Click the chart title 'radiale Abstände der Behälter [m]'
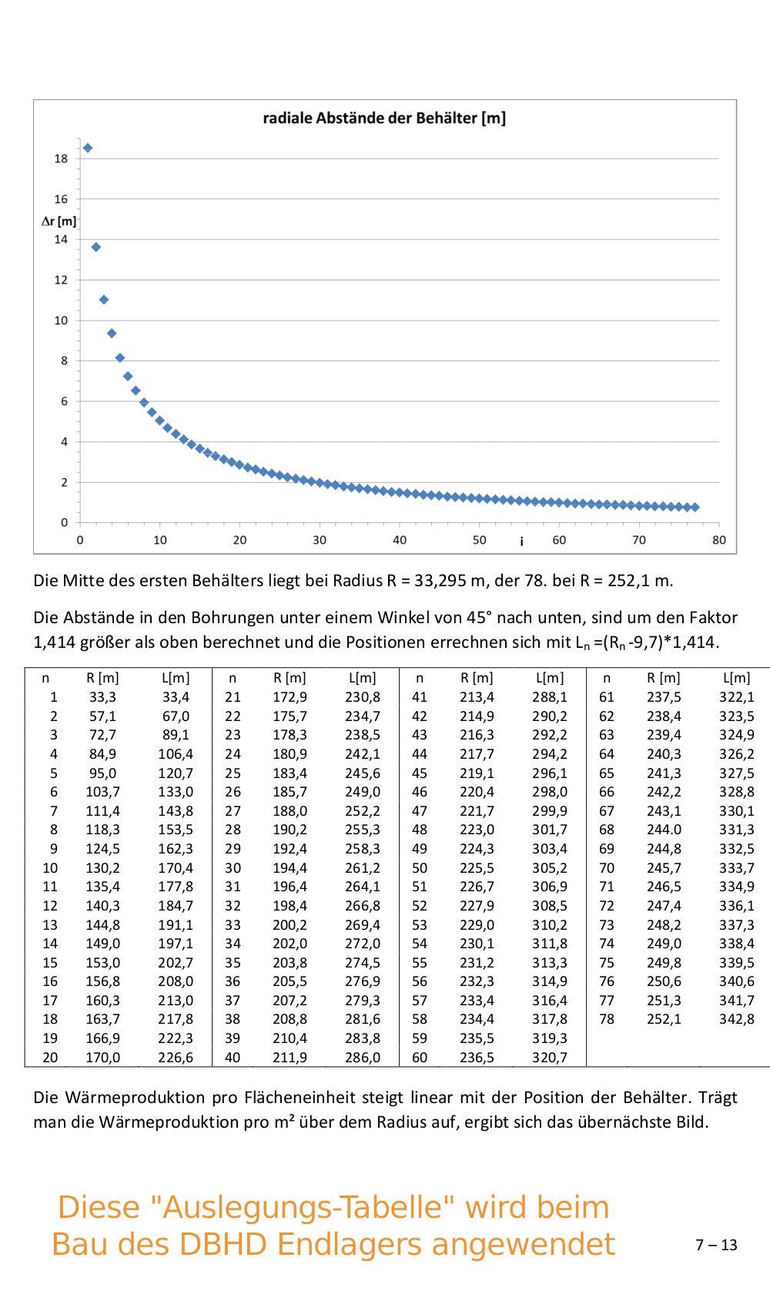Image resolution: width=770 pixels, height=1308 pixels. pos(384,118)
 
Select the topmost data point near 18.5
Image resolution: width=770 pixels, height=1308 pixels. pos(88,148)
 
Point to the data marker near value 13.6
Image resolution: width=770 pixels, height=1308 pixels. pos(96,247)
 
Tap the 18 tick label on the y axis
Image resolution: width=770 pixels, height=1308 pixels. pos(61,159)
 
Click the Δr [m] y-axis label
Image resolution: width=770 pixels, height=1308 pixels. pos(59,221)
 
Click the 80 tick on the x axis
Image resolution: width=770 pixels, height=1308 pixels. pos(718,540)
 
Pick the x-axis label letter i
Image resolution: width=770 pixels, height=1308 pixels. pos(521,542)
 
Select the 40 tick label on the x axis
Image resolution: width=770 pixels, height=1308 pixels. pos(399,540)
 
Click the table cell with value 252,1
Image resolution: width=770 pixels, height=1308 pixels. pos(664,1018)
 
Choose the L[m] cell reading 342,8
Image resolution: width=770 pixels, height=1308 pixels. pos(737,1018)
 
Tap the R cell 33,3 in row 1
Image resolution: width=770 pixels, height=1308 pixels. pos(102,696)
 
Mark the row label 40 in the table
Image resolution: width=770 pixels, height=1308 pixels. pos(233,1057)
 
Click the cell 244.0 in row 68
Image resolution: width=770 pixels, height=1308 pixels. pos(664,829)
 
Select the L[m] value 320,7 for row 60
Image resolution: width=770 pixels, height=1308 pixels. pos(550,1057)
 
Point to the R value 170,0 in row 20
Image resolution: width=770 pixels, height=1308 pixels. pos(102,1057)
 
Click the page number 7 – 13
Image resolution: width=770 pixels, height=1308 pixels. pos(716,1245)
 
